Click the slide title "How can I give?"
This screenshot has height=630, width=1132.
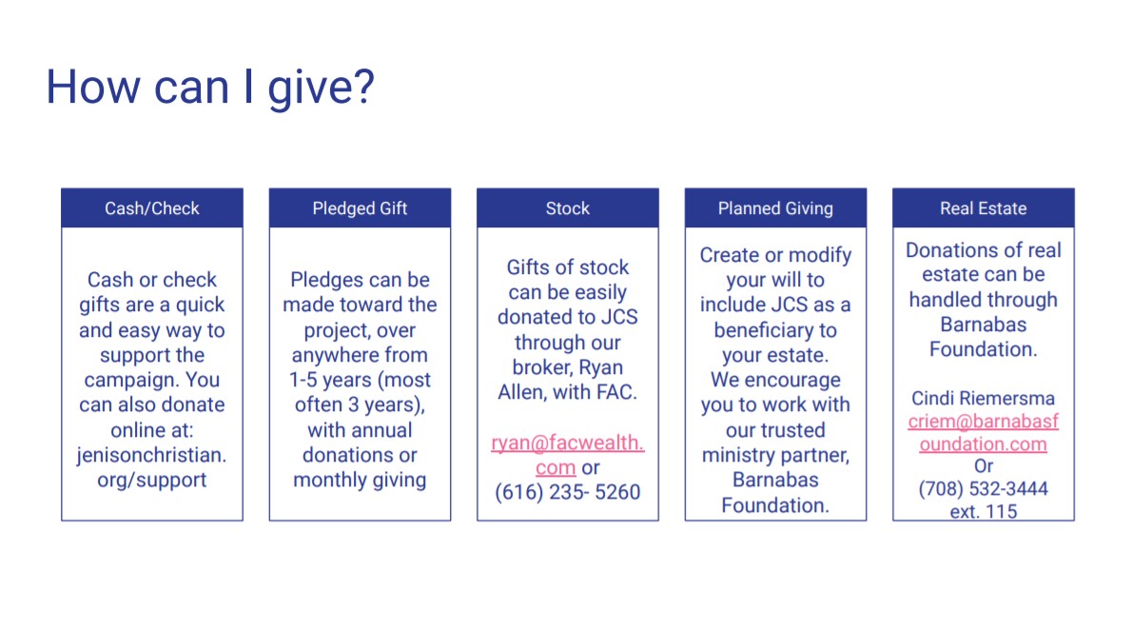(210, 88)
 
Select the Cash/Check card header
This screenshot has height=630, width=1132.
(152, 208)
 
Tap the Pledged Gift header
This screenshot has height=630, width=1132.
(361, 208)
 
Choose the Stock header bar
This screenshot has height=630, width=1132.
(568, 208)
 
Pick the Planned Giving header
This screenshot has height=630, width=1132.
(775, 208)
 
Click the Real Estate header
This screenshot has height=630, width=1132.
(984, 208)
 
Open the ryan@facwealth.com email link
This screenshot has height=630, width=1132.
(568, 455)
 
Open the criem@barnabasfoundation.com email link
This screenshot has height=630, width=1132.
(984, 432)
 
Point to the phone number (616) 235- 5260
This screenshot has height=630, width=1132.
(568, 492)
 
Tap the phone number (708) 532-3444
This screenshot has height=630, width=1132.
(984, 489)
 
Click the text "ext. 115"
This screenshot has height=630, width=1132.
(984, 511)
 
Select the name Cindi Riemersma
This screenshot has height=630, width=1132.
(984, 398)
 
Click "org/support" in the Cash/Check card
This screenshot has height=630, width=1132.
(152, 481)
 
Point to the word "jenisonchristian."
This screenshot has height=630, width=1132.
(152, 455)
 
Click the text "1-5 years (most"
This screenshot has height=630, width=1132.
(361, 380)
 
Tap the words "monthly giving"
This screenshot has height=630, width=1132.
(361, 481)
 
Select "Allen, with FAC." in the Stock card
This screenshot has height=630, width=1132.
(568, 392)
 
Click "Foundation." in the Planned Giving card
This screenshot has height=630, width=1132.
(775, 505)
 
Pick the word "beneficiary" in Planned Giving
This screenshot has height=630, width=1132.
(766, 330)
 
